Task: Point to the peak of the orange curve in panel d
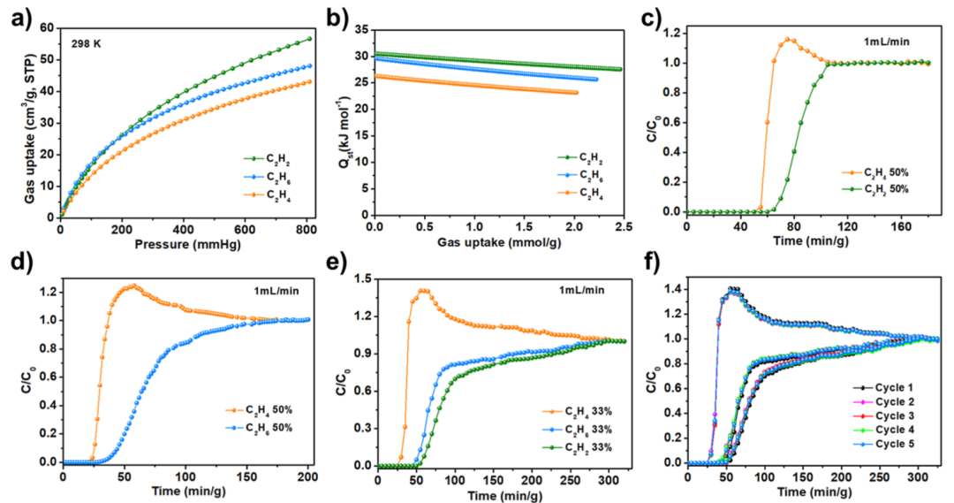coord(133,286)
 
